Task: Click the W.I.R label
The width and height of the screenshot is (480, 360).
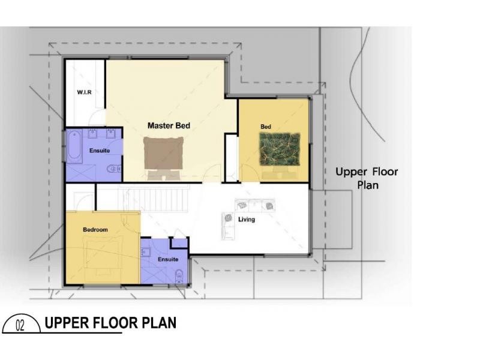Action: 83,92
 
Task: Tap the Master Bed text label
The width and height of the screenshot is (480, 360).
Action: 169,126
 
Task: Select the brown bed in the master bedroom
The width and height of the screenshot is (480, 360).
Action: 163,153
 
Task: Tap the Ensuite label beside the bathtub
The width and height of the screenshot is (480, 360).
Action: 100,151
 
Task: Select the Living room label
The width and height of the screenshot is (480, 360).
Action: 247,220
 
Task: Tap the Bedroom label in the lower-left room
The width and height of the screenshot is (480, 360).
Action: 95,230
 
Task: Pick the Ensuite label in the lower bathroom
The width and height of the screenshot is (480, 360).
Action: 168,259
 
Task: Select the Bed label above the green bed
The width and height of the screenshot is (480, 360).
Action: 266,127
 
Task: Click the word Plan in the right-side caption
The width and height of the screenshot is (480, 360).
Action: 368,185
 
